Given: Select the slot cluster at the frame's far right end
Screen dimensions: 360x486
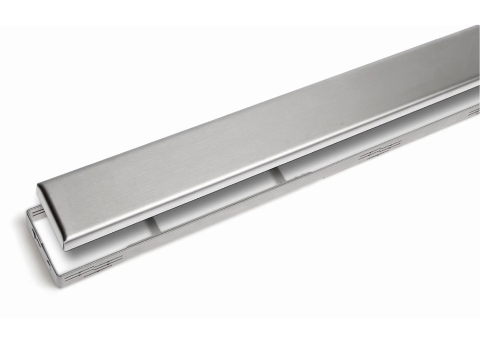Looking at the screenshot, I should tap(473, 111).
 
